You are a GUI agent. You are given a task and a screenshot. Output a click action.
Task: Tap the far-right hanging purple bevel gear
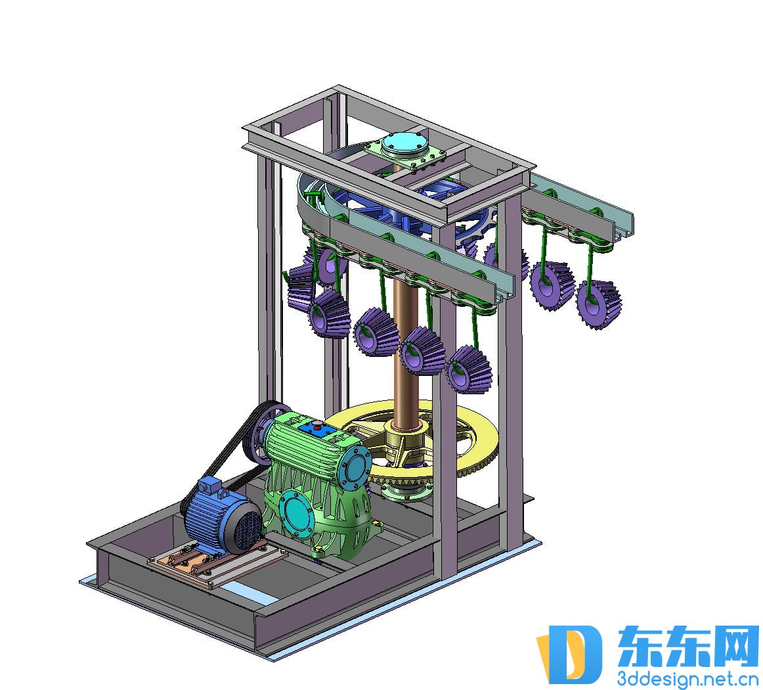599,304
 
